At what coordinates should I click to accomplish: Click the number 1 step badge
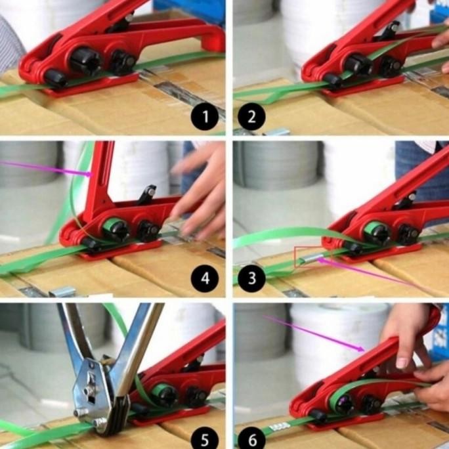click(205, 118)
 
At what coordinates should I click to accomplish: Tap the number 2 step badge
click(251, 118)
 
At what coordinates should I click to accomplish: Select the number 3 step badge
click(251, 279)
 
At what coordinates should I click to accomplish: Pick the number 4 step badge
click(205, 279)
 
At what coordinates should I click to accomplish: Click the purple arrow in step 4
click(46, 168)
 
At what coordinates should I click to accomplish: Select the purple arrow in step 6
click(315, 334)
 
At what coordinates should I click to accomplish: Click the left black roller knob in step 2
click(358, 64)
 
